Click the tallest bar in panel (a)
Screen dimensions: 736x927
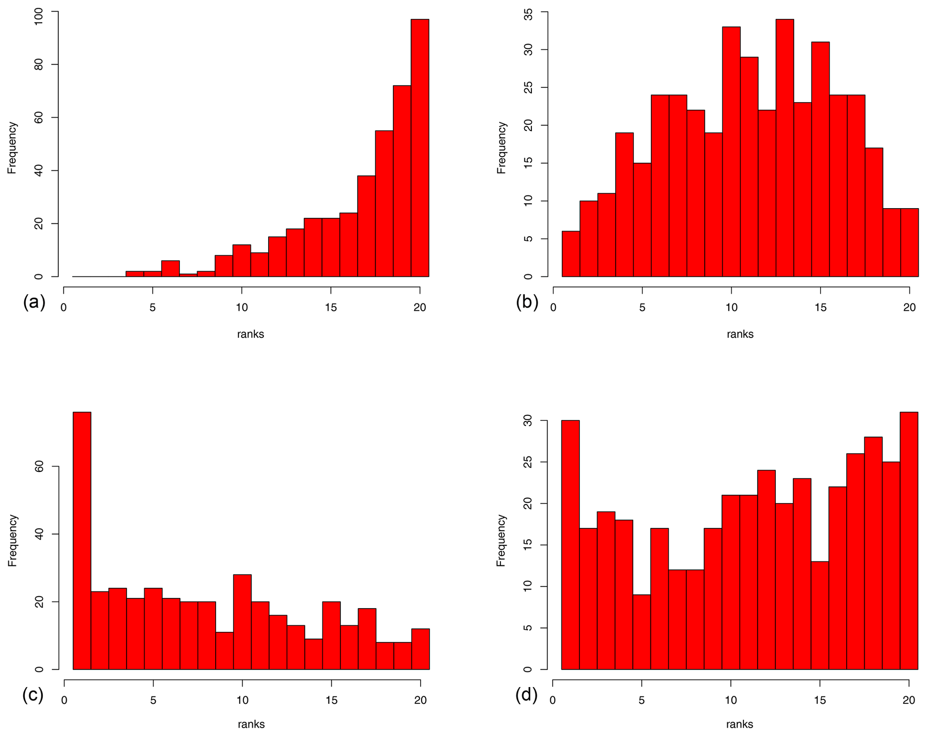[420, 148]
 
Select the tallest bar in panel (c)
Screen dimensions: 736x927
[82, 540]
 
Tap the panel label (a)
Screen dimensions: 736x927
[34, 302]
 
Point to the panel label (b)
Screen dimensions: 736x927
[527, 302]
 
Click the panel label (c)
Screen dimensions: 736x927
[33, 695]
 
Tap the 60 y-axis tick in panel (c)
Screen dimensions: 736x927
[39, 466]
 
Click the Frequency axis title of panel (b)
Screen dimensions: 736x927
[501, 148]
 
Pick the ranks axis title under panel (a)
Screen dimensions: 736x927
[251, 334]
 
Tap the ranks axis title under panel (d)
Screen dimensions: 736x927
[740, 724]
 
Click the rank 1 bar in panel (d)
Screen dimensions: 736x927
[570, 545]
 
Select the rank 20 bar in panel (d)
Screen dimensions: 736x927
[909, 540]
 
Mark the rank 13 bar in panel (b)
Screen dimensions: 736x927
[784, 148]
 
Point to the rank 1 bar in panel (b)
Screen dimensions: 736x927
[571, 254]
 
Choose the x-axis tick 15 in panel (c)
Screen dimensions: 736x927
[331, 701]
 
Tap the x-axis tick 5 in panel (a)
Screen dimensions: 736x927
[152, 308]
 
